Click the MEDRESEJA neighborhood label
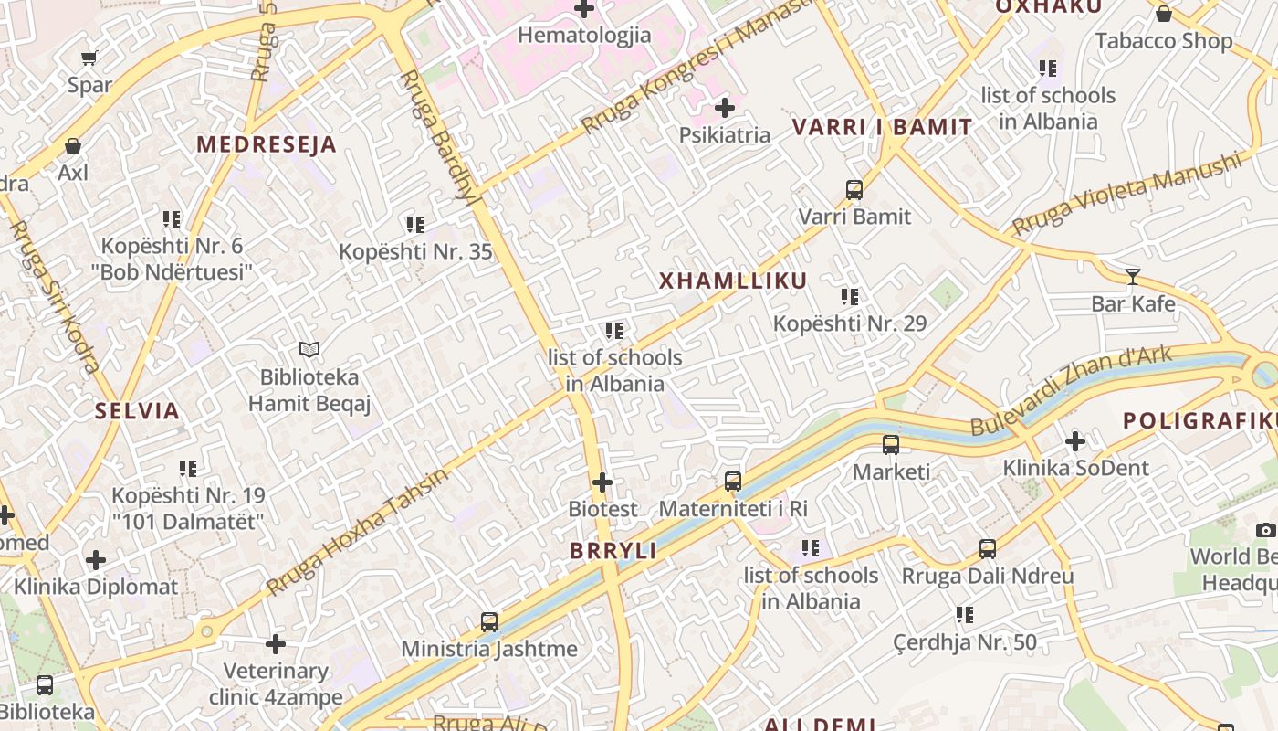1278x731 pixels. click(267, 144)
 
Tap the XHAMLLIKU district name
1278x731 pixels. click(733, 281)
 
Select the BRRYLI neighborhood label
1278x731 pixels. click(613, 550)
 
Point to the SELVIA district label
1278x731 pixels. click(137, 410)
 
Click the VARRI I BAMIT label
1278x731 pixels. click(882, 127)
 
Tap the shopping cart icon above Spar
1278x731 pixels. click(89, 58)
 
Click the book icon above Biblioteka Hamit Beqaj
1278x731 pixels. click(309, 349)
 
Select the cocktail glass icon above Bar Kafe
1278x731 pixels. click(1133, 276)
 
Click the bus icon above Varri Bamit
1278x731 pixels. click(854, 190)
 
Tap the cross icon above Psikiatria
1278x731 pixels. click(725, 108)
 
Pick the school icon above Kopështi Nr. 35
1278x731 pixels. click(415, 224)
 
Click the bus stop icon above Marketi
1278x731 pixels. click(891, 445)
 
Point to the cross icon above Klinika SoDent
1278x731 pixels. click(1075, 441)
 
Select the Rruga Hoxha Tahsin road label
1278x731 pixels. click(358, 531)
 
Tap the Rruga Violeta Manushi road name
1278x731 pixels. click(1127, 193)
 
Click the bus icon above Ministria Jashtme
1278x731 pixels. click(489, 622)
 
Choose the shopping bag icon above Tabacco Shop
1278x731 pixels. click(1163, 14)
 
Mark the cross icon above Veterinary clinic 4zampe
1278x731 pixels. click(276, 644)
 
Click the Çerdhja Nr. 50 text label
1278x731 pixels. click(965, 642)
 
